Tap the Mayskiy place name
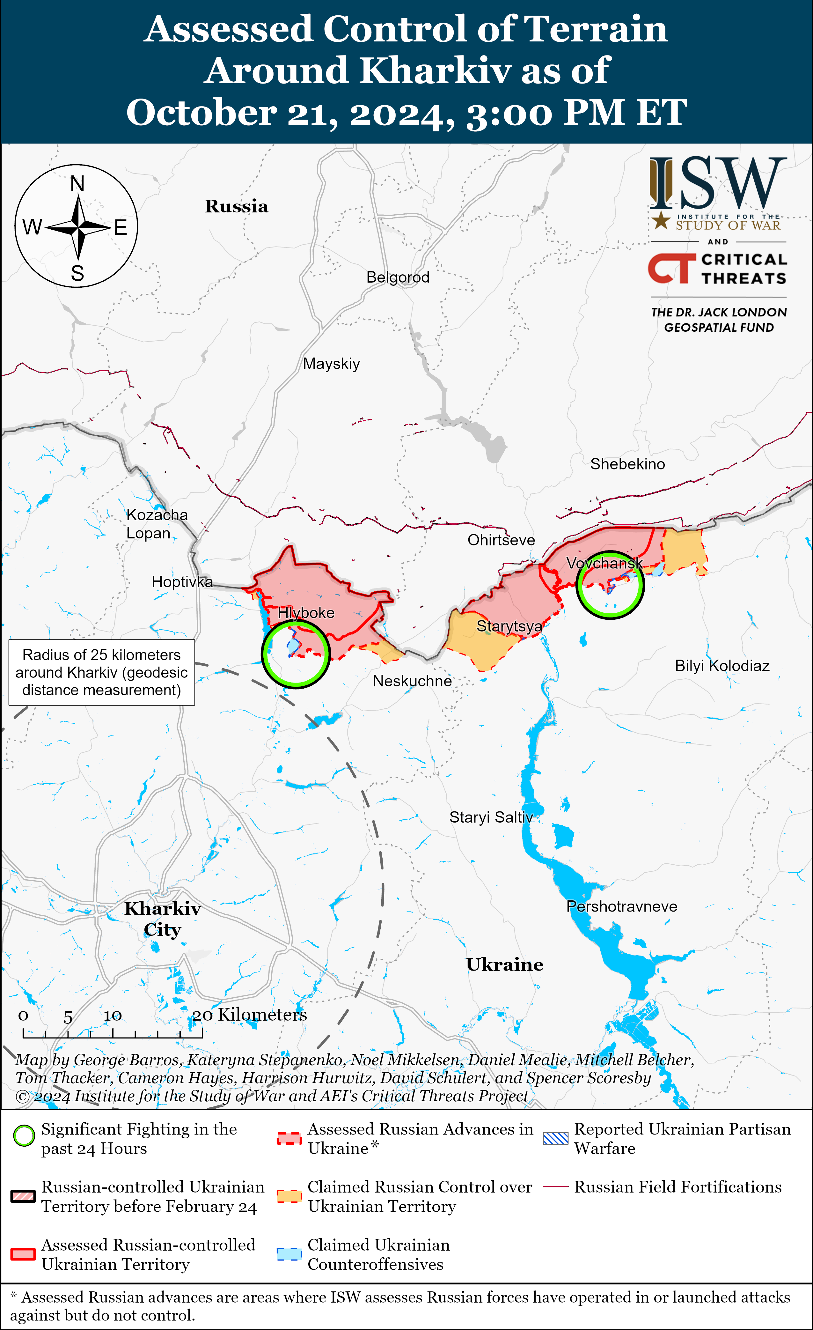pyautogui.click(x=331, y=364)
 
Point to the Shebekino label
pyautogui.click(x=627, y=464)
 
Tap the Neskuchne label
pyautogui.click(x=412, y=681)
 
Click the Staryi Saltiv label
pyautogui.click(x=491, y=817)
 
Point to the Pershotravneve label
pyautogui.click(x=621, y=906)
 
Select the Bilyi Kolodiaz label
pyautogui.click(x=722, y=666)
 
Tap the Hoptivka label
pyautogui.click(x=182, y=582)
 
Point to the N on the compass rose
pyautogui.click(x=78, y=184)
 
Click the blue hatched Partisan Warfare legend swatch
pyautogui.click(x=556, y=1138)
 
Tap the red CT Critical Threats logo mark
pyautogui.click(x=671, y=268)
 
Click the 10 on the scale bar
pyautogui.click(x=113, y=1016)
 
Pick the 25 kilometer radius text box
pyautogui.click(x=101, y=673)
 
